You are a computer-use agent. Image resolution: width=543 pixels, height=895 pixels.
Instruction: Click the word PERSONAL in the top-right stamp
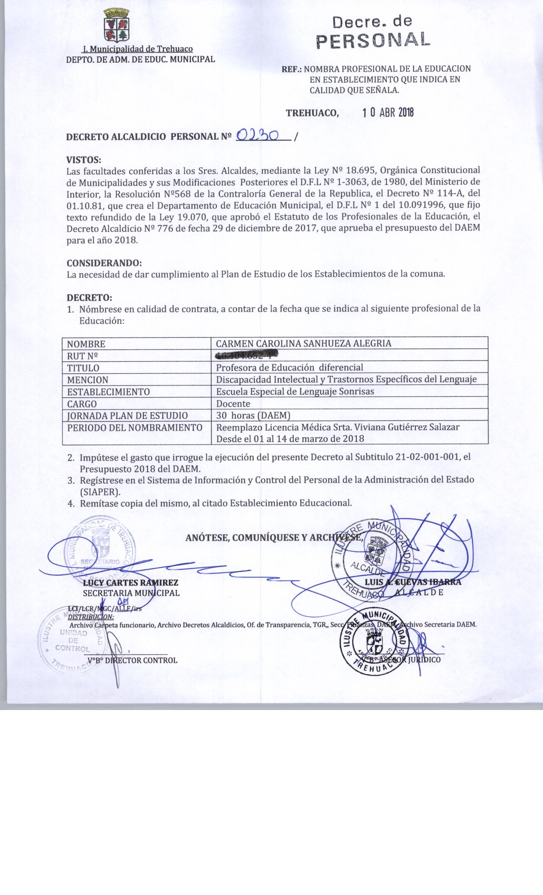(x=373, y=40)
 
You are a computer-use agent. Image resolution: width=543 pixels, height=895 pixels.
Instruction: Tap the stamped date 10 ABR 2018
(x=388, y=113)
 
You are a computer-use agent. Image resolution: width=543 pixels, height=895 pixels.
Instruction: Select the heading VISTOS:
(x=84, y=160)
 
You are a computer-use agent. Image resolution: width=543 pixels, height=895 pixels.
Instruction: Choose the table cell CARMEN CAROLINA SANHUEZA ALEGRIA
(x=303, y=344)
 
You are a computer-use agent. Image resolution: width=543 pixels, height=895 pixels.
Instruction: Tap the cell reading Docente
(x=233, y=404)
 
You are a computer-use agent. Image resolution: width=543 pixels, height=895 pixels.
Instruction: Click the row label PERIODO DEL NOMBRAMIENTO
(x=135, y=427)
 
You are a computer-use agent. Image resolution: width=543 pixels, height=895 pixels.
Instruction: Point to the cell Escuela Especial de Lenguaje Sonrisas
(x=295, y=392)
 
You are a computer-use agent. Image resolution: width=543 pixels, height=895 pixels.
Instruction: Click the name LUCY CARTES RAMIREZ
(x=130, y=583)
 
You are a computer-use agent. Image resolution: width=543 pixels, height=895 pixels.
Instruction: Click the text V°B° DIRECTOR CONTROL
(x=132, y=660)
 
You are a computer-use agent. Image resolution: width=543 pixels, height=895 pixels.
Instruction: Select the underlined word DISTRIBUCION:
(x=91, y=616)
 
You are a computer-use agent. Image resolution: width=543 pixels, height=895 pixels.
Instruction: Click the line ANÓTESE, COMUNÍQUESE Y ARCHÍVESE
(x=274, y=538)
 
